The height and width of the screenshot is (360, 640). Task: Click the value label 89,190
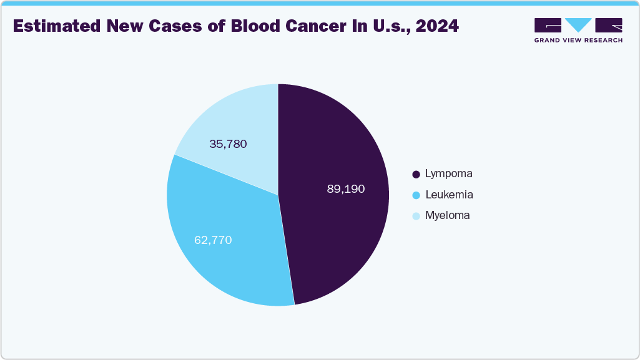(345, 188)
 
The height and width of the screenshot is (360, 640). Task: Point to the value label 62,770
(213, 240)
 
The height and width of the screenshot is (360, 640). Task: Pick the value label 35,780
(228, 144)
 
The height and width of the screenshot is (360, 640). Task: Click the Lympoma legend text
(448, 173)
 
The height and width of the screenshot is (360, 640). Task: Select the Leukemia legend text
(449, 195)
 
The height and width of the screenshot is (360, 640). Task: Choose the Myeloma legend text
(447, 215)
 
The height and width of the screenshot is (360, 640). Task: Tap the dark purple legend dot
(416, 174)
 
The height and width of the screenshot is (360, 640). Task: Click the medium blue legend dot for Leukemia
(416, 195)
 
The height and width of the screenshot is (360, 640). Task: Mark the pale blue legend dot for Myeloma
(416, 216)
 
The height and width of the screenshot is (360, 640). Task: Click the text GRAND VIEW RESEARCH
(578, 41)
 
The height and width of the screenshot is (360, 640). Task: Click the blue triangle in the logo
(578, 25)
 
